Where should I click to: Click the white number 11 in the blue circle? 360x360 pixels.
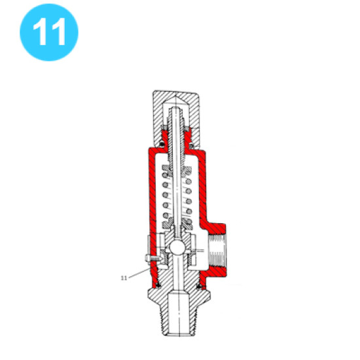tap(49, 31)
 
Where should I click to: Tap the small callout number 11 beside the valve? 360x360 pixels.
tap(124, 278)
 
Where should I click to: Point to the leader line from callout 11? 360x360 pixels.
tap(140, 273)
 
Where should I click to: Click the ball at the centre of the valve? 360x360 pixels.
tap(177, 247)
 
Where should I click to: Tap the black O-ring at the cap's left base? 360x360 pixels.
tap(162, 144)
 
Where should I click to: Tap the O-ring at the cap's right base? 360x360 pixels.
tap(191, 145)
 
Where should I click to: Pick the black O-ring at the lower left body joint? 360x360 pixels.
tap(158, 285)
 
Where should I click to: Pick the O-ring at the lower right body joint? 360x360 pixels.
tap(199, 286)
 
